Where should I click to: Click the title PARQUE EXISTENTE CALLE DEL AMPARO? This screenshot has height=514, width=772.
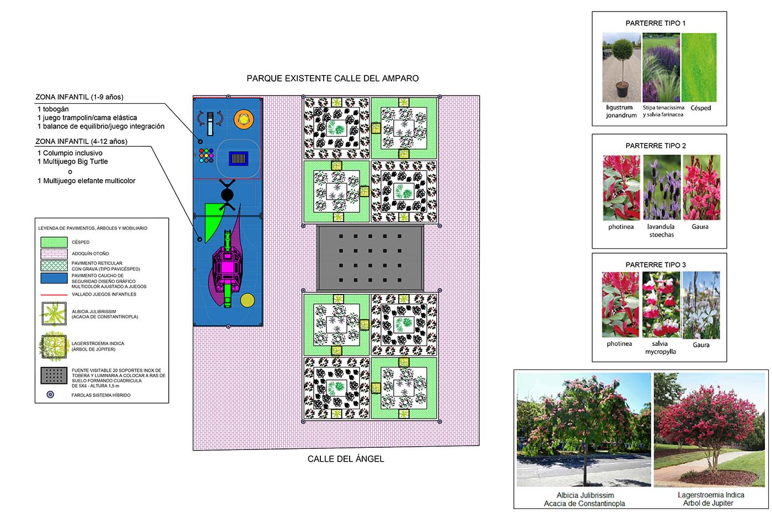pyautogui.click(x=333, y=78)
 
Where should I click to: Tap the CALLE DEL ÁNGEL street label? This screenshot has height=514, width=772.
pyautogui.click(x=346, y=459)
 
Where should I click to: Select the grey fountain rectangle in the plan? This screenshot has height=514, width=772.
pyautogui.click(x=370, y=258)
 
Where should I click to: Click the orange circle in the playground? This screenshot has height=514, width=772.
pyautogui.click(x=243, y=118)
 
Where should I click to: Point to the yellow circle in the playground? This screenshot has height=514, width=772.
pyautogui.click(x=248, y=300)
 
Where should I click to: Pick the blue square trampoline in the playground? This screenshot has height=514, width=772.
pyautogui.click(x=238, y=159)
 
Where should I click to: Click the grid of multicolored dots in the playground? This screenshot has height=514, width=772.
pyautogui.click(x=206, y=156)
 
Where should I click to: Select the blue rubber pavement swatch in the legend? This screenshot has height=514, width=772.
pyautogui.click(x=54, y=279)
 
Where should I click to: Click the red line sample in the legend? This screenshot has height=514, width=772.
pyautogui.click(x=54, y=295)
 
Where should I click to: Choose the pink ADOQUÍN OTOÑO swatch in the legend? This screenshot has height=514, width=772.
pyautogui.click(x=54, y=254)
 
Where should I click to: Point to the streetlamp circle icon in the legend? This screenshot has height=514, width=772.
pyautogui.click(x=50, y=395)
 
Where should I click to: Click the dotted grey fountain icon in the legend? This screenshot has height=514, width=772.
pyautogui.click(x=54, y=376)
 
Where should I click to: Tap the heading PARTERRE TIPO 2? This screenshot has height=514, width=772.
pyautogui.click(x=656, y=146)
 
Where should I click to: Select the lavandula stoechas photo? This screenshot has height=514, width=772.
pyautogui.click(x=661, y=188)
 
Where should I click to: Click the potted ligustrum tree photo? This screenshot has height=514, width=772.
pyautogui.click(x=621, y=67)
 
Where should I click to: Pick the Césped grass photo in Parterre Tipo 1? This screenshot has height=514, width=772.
pyautogui.click(x=699, y=67)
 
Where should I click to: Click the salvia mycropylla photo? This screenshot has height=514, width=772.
pyautogui.click(x=661, y=304)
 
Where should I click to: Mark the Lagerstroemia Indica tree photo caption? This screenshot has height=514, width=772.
pyautogui.click(x=711, y=499)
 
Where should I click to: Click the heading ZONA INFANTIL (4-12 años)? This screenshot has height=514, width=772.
pyautogui.click(x=81, y=141)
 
